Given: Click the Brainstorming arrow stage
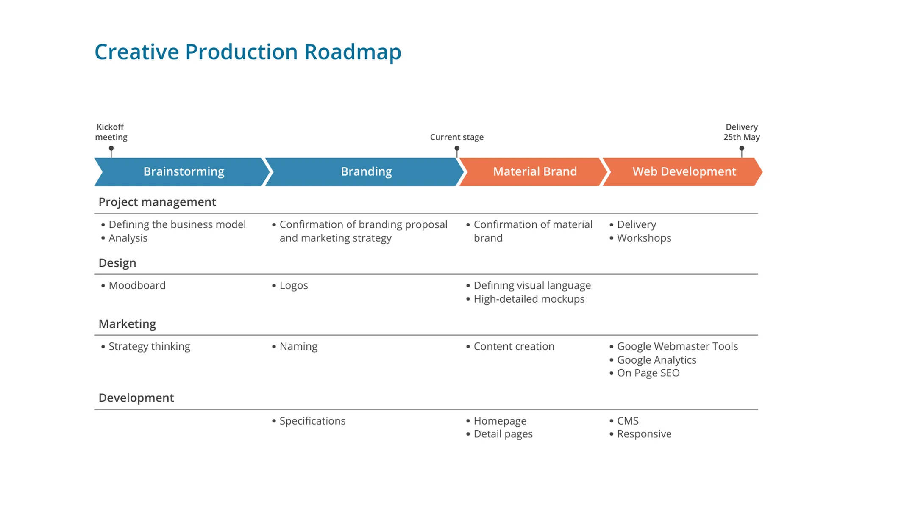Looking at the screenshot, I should point(183,171).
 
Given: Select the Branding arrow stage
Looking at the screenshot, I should point(366,171).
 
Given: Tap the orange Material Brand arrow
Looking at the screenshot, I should point(534,171).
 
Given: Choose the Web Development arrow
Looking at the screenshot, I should point(684,171).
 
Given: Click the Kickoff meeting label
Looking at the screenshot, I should point(111,132).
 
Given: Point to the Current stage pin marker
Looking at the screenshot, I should point(457,149).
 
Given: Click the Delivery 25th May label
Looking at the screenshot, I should point(741,132).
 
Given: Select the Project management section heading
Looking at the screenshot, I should point(157,202).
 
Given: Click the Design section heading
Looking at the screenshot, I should point(117,263).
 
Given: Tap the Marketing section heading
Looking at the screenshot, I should point(127,324).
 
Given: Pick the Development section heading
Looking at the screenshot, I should point(136,398).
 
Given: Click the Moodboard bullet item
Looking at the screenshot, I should point(137,285).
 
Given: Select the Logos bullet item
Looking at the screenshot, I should point(293,285).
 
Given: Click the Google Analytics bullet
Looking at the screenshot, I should point(656,360).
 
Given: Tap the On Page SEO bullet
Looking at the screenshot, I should point(648,373).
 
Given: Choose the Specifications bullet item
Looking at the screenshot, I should point(312,421).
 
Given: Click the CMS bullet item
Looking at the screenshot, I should point(627,421).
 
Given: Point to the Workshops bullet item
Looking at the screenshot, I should point(644,238).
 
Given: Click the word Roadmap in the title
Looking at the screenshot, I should point(352,52).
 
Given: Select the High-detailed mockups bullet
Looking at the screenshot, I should point(528,299).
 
